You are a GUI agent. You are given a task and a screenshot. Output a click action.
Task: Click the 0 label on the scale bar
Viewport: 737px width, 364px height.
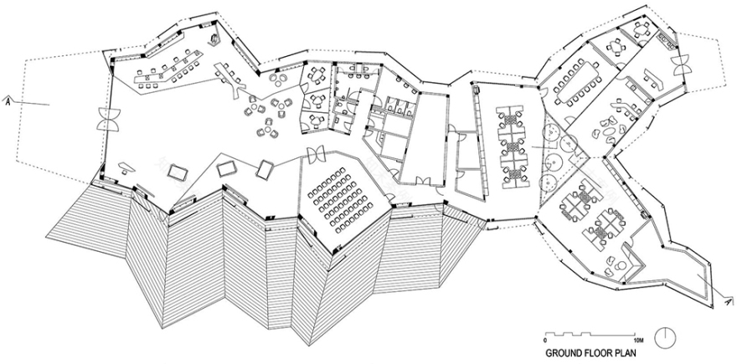(546, 341)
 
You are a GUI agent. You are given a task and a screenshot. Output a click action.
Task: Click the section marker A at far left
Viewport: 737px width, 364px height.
(8, 101)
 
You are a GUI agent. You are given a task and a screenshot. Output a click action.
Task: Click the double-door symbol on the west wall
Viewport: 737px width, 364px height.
(109, 119)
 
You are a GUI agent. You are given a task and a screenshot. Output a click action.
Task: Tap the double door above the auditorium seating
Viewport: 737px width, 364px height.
(317, 154)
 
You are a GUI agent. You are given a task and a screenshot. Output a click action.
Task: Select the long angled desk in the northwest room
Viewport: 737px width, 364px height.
(164, 69)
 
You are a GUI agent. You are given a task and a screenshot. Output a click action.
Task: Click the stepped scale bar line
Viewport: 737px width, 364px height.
(591, 334)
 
